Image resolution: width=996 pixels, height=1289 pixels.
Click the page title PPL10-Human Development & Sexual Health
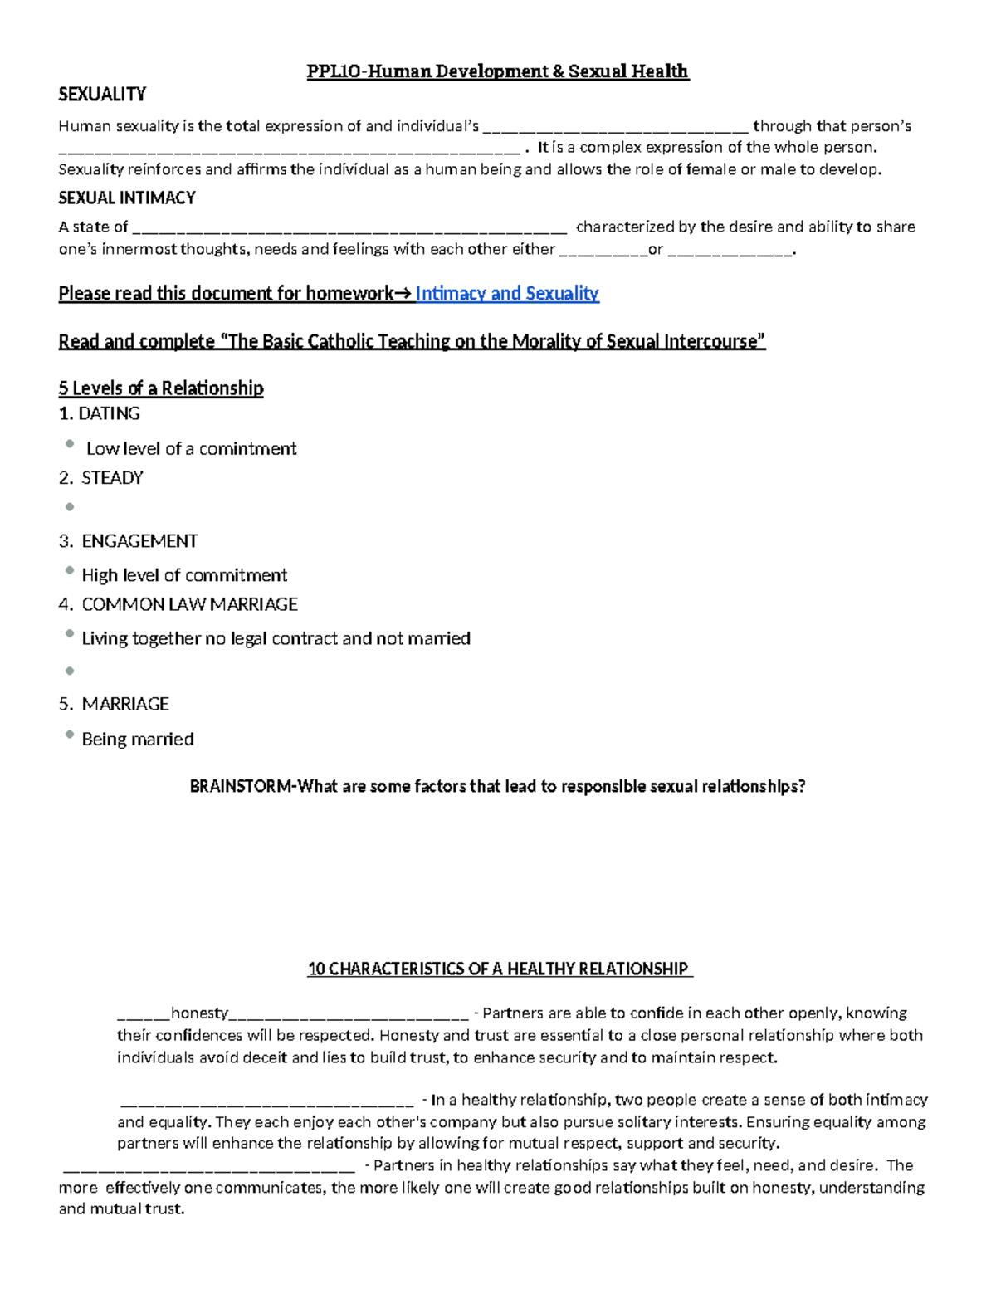(x=497, y=71)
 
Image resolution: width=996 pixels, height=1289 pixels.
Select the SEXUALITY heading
(x=102, y=95)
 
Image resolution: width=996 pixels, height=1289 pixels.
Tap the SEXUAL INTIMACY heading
(x=127, y=198)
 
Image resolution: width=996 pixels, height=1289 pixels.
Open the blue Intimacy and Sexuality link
(x=507, y=294)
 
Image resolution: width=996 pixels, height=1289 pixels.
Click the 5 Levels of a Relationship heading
(x=161, y=388)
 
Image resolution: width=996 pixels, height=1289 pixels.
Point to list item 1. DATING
(x=100, y=413)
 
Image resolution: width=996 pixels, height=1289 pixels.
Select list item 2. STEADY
(x=101, y=478)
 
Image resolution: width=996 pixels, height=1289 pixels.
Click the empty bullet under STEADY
(x=70, y=507)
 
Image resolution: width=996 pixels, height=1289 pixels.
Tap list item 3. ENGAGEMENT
(x=129, y=541)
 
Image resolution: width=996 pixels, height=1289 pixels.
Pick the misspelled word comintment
(x=247, y=449)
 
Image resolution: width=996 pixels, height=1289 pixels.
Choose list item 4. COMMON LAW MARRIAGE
(x=178, y=604)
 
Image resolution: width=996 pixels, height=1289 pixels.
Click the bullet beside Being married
(x=70, y=735)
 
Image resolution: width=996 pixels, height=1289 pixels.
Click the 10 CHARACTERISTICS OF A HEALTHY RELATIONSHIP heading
(x=498, y=969)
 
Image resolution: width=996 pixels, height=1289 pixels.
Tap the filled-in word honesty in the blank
(x=199, y=1013)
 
